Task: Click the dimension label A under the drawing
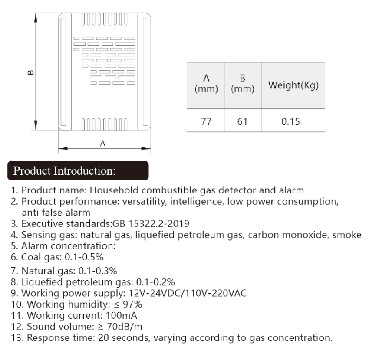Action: tap(103, 144)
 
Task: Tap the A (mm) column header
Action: tap(206, 85)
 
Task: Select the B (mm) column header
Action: tap(243, 85)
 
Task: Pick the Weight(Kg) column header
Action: tap(293, 85)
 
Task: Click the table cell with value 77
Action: tap(206, 121)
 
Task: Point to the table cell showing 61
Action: tap(242, 121)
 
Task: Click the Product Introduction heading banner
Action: tap(79, 170)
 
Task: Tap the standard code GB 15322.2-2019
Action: tap(151, 224)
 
